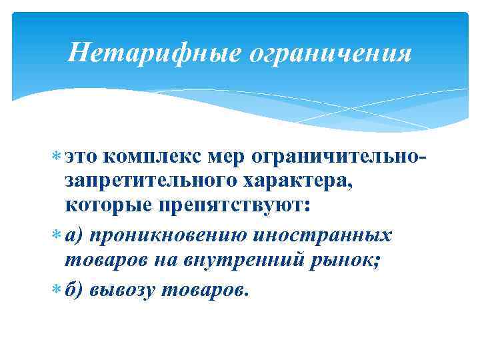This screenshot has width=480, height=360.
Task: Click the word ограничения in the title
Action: click(x=329, y=52)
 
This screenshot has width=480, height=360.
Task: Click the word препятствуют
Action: click(x=233, y=203)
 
